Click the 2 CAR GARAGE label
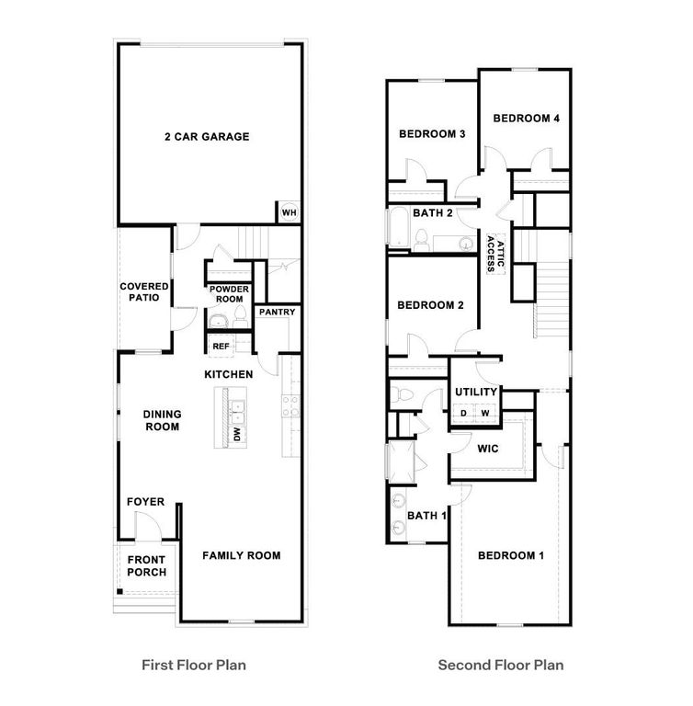coord(207,137)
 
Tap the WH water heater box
coord(288,212)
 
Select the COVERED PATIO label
coord(144,292)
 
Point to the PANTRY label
coord(277,313)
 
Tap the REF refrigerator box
coord(221,346)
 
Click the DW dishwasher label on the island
coord(236,433)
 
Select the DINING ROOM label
coord(161,420)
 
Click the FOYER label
coord(145,502)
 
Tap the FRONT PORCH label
coord(147,566)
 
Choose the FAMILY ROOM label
coord(241,555)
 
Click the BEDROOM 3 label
coord(432,134)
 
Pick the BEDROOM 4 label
coord(527,118)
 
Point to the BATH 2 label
coord(433,213)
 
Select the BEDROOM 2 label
coord(430,305)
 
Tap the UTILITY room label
coord(476,393)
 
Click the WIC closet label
coord(487,449)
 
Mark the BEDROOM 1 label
coord(511,555)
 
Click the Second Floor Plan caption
coord(500,665)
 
